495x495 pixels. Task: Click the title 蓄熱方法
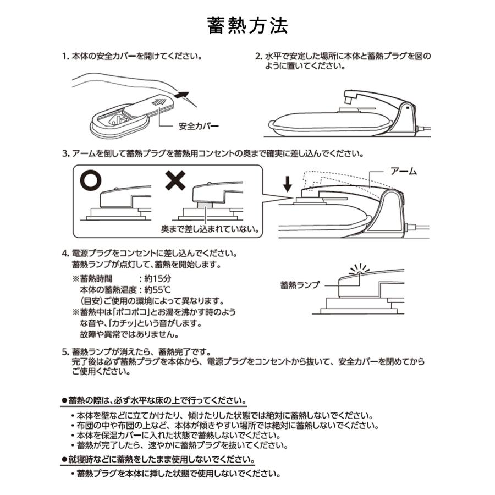pyautogui.click(x=248, y=25)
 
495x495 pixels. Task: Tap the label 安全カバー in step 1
pyautogui.click(x=199, y=125)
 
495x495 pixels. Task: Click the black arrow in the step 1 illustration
pyautogui.click(x=184, y=96)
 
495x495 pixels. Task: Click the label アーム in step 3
pyautogui.click(x=403, y=172)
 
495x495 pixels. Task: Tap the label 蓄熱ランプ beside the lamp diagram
pyautogui.click(x=299, y=284)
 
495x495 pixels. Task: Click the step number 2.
pyautogui.click(x=257, y=56)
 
